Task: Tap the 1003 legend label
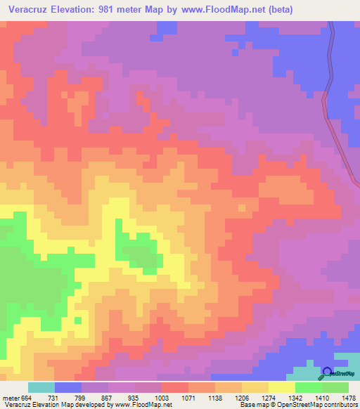click(x=162, y=397)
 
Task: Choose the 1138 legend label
click(x=217, y=397)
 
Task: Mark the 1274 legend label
click(x=269, y=397)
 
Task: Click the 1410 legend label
click(x=310, y=397)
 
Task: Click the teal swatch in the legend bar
click(x=41, y=387)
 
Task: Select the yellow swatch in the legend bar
click(x=282, y=387)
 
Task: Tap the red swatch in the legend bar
click(x=175, y=387)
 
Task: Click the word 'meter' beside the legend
click(x=11, y=397)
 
